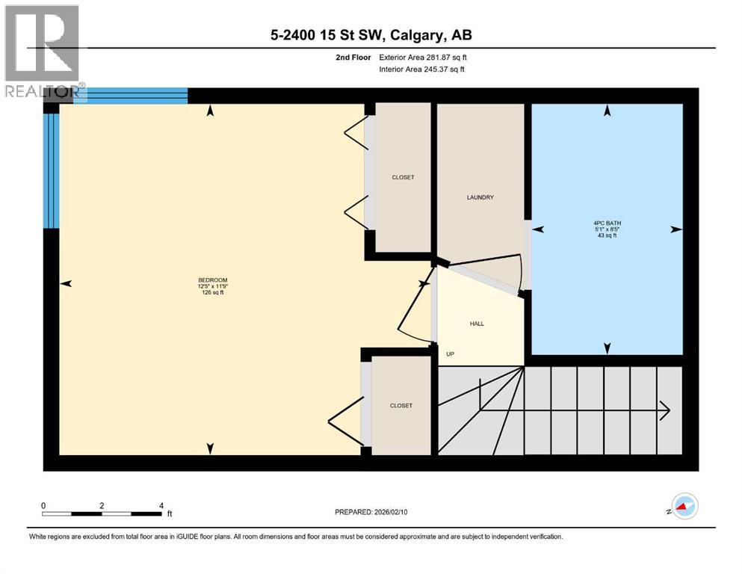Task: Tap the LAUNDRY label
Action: [x=479, y=197]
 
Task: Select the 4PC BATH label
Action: [x=607, y=223]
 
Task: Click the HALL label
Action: [x=477, y=324]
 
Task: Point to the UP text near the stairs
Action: [x=450, y=354]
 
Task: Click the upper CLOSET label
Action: [x=402, y=177]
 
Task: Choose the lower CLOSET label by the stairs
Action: [x=401, y=405]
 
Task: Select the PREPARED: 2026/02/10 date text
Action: [x=371, y=512]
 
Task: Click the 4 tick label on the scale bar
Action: [x=161, y=505]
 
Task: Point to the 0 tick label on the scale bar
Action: [x=44, y=505]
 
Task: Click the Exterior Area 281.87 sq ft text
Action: [x=424, y=58]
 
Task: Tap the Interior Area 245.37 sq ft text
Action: [x=424, y=70]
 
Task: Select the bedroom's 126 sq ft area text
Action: [x=212, y=293]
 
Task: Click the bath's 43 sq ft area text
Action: [x=607, y=236]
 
